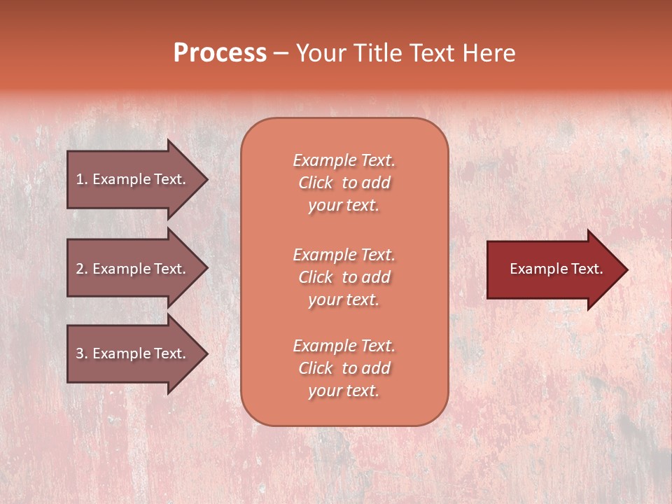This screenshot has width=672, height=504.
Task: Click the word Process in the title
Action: click(x=220, y=53)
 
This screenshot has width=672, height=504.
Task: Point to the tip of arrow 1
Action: click(x=206, y=179)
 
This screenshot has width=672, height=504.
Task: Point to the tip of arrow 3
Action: click(x=206, y=353)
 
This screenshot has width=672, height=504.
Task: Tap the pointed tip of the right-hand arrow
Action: click(x=626, y=269)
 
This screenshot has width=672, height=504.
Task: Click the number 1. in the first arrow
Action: click(x=82, y=179)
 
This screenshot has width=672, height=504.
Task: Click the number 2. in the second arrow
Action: click(x=82, y=269)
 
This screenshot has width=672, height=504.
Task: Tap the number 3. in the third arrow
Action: click(x=82, y=353)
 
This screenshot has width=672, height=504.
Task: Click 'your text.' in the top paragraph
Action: click(x=344, y=206)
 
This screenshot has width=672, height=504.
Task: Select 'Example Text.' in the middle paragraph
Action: click(x=344, y=255)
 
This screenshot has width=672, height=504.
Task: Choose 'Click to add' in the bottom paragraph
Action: click(x=344, y=368)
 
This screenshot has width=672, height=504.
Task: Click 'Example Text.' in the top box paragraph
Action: click(x=344, y=160)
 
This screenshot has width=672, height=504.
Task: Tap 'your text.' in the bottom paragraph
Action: click(x=344, y=391)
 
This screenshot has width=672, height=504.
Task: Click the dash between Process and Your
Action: click(x=281, y=54)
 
